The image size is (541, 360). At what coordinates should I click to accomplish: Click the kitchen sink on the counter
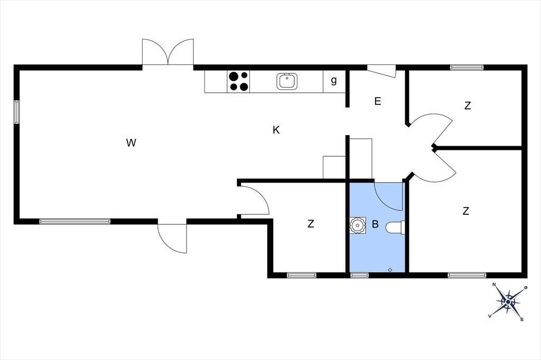[x=287, y=81]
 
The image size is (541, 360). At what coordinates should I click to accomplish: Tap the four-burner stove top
[x=238, y=81]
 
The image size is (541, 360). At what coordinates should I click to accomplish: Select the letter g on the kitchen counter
[x=334, y=81]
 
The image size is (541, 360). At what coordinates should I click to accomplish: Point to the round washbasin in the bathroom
[x=358, y=225]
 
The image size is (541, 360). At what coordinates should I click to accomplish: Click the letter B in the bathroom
[x=376, y=224]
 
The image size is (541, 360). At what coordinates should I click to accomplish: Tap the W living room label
[x=131, y=143]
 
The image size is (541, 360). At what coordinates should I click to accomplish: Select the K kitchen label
[x=276, y=130]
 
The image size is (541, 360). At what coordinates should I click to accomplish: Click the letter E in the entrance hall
[x=378, y=101]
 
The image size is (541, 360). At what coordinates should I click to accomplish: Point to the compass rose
[x=508, y=302]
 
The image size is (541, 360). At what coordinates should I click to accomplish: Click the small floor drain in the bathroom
[x=390, y=270]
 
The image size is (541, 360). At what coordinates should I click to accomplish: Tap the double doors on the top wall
[x=168, y=52]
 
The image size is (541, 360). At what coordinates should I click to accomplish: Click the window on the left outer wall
[x=16, y=112]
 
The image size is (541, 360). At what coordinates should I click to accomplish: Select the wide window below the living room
[x=75, y=221]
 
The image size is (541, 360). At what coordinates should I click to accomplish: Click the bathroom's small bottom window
[x=359, y=275]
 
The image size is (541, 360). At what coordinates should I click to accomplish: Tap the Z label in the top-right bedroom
[x=468, y=106]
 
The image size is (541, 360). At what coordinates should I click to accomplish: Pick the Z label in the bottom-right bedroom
[x=466, y=211]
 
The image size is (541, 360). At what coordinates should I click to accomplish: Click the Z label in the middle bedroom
[x=311, y=224]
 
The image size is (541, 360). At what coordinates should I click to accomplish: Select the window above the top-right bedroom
[x=467, y=68]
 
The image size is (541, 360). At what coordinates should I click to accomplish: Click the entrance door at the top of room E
[x=381, y=71]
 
